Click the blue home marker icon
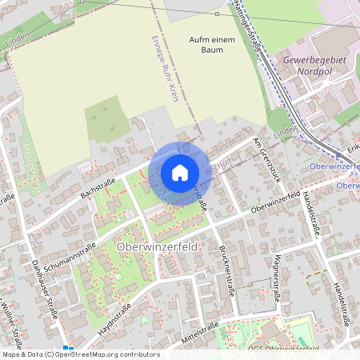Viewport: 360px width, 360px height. (x=180, y=172)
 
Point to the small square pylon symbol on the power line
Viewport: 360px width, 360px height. (x=218, y=14)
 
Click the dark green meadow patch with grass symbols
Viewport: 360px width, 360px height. (x=107, y=120)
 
